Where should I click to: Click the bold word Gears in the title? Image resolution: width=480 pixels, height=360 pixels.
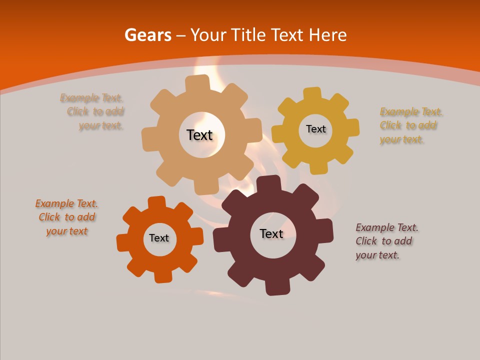tap(147, 35)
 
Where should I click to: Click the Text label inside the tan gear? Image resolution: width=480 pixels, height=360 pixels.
tap(199, 135)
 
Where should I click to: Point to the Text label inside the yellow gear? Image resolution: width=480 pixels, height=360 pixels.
tap(315, 129)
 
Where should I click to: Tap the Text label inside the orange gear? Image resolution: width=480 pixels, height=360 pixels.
tap(159, 238)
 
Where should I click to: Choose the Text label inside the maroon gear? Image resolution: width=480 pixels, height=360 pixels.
tap(271, 233)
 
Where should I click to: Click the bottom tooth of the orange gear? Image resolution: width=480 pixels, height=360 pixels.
tap(162, 276)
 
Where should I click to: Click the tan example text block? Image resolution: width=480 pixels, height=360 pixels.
tap(92, 112)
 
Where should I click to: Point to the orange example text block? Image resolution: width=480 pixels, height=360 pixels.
tap(66, 217)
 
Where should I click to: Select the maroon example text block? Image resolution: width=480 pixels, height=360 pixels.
tap(387, 241)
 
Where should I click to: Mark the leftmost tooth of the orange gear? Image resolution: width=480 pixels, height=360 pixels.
tap(123, 242)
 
